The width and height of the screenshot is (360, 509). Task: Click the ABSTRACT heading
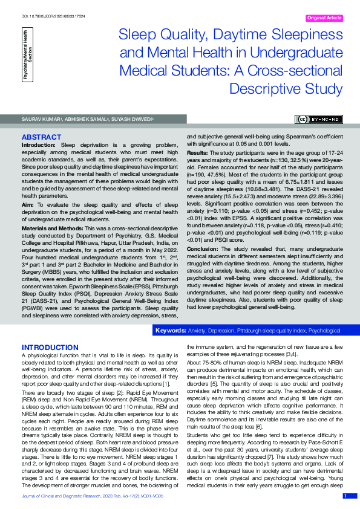(41, 138)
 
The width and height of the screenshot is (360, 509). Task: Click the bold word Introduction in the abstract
(39, 145)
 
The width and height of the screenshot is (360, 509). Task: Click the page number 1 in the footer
(345, 496)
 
